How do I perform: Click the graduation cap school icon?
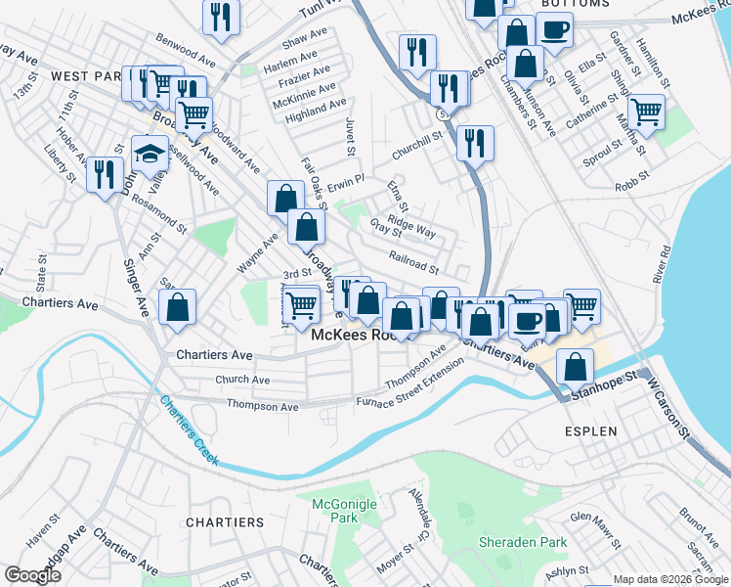click(x=150, y=154)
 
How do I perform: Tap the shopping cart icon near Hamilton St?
click(x=646, y=112)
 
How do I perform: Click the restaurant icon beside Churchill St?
click(x=475, y=142)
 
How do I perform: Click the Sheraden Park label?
click(x=523, y=541)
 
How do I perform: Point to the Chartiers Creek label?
click(x=188, y=430)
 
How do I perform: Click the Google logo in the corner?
click(x=32, y=575)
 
